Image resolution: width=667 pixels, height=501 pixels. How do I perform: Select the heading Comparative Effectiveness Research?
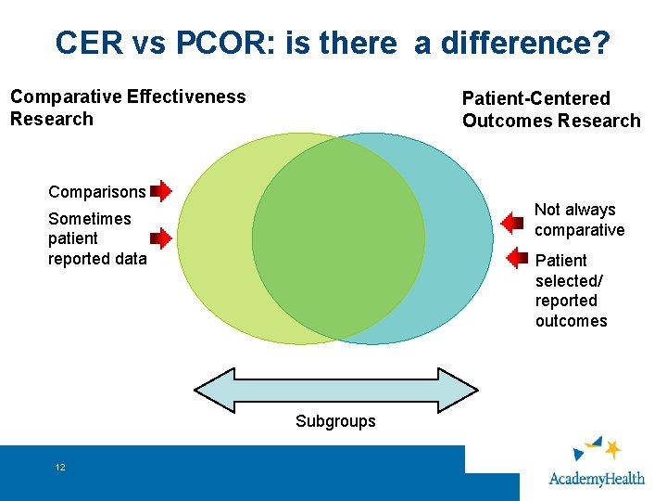pos(128,108)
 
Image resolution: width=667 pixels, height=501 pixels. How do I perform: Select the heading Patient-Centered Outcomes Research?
pos(551,109)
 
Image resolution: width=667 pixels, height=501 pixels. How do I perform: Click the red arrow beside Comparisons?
pos(161,192)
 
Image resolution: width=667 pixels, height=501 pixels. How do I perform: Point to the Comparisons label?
pos(96,192)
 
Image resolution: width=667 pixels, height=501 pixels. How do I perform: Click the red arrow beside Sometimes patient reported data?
pos(161,238)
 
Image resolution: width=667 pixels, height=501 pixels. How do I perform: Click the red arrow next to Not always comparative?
pos(512,223)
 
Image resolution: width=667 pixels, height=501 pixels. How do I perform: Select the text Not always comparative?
pos(579,220)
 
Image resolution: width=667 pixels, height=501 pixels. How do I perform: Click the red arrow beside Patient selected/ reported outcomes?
pos(516,257)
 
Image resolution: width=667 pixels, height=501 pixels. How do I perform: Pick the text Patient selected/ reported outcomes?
pos(571,290)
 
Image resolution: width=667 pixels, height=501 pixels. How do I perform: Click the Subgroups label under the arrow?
pos(335,421)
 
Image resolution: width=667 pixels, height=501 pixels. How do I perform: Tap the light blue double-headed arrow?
pos(335,390)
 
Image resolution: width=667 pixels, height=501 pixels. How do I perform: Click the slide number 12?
pos(60,467)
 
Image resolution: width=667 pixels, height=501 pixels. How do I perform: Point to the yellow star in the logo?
pos(612,450)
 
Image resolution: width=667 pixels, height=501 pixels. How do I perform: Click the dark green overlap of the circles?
pos(338,238)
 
